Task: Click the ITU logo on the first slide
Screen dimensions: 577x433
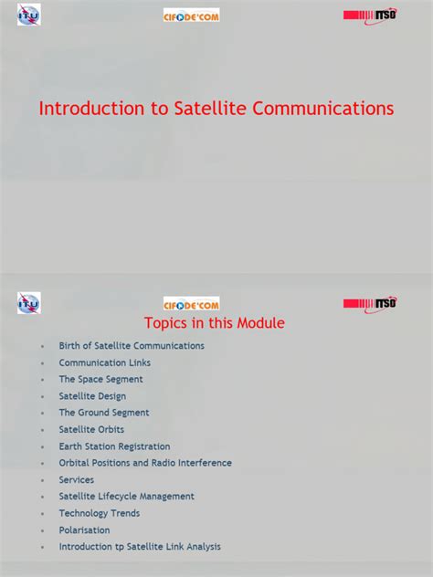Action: (29, 15)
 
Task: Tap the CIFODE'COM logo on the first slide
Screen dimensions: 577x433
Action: (191, 16)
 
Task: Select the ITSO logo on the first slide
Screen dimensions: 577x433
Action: (370, 16)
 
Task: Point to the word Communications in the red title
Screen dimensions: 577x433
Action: (322, 109)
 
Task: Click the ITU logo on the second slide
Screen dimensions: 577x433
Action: (29, 303)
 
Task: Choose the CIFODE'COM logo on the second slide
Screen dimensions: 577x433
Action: (191, 304)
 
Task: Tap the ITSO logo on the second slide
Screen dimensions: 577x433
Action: (370, 303)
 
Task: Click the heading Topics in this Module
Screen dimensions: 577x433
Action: (215, 323)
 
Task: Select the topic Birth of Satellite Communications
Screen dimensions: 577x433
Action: (132, 346)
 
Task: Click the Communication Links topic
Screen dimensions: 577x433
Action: (105, 362)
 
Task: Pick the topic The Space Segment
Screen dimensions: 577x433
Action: (100, 379)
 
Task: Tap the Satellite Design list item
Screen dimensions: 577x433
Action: (92, 396)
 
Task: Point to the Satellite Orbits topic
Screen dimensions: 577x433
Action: (91, 429)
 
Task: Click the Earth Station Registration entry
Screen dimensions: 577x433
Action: (114, 446)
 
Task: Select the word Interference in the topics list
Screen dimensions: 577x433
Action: (202, 463)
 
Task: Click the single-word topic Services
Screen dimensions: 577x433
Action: (77, 479)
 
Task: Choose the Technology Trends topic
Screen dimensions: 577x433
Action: (100, 513)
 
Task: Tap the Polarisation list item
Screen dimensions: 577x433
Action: (84, 530)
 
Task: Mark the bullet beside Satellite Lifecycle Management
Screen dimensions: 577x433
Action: (41, 497)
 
